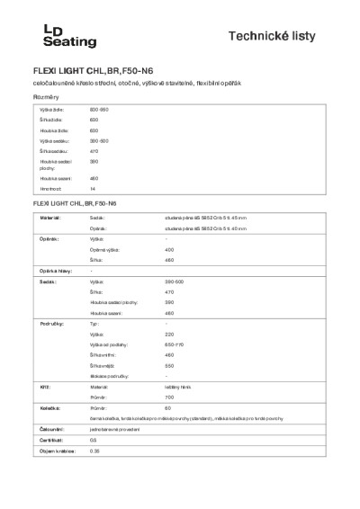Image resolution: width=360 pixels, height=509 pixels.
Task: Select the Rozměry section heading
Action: pos(47,96)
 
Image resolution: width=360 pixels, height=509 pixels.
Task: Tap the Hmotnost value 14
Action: pos(92,190)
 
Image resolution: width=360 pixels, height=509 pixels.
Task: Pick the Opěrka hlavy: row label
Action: pos(51,271)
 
